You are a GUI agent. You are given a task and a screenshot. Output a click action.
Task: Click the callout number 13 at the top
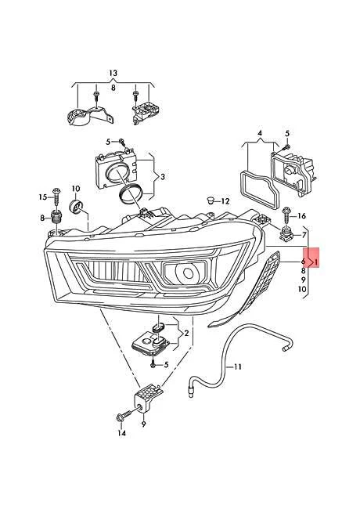point(113,74)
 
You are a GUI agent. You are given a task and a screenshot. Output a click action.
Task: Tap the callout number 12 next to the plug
point(225,201)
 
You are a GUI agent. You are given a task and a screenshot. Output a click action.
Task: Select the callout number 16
point(301,216)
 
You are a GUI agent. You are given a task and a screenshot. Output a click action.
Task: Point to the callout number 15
point(43,197)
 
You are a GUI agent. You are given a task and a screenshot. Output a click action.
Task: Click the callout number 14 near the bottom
point(121,433)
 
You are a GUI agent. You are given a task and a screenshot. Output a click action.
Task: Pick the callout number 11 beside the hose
point(238,366)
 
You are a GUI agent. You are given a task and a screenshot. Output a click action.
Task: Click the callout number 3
point(163,177)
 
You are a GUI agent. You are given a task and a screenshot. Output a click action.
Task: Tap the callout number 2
point(186,333)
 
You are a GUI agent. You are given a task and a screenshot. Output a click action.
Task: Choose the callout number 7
point(304,235)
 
